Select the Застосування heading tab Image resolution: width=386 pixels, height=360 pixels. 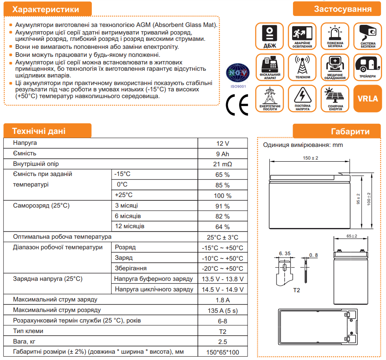342,9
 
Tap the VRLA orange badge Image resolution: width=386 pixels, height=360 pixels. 367,99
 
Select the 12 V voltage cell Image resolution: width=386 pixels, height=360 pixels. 222,143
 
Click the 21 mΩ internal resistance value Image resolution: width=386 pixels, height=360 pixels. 222,164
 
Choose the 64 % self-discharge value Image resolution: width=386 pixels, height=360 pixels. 222,227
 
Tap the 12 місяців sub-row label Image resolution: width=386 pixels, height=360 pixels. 130,227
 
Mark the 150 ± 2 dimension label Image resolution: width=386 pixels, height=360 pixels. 311,158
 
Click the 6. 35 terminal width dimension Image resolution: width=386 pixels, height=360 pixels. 285,254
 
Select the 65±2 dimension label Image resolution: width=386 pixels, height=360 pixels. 352,236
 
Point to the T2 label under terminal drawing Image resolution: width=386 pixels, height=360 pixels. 297,291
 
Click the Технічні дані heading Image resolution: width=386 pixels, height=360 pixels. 39,131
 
